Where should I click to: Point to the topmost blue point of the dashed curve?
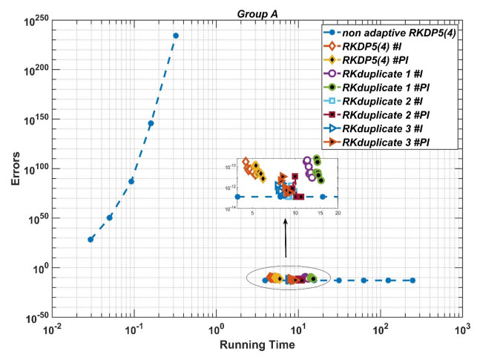(x=176, y=36)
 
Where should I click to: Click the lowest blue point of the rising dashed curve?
(x=91, y=239)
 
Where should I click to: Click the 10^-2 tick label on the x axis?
(x=52, y=327)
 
